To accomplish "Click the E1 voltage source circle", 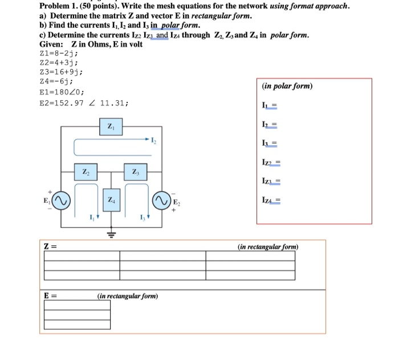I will click(62, 200).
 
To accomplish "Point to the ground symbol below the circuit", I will click(111, 234).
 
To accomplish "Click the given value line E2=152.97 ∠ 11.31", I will click(84, 103).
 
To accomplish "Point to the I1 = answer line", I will click(270, 105).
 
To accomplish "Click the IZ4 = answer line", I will click(271, 201).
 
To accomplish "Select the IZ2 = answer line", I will click(271, 163).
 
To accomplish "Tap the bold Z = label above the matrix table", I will click(51, 246).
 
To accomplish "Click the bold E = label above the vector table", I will click(51, 296).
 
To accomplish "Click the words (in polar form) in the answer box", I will click(287, 87).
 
